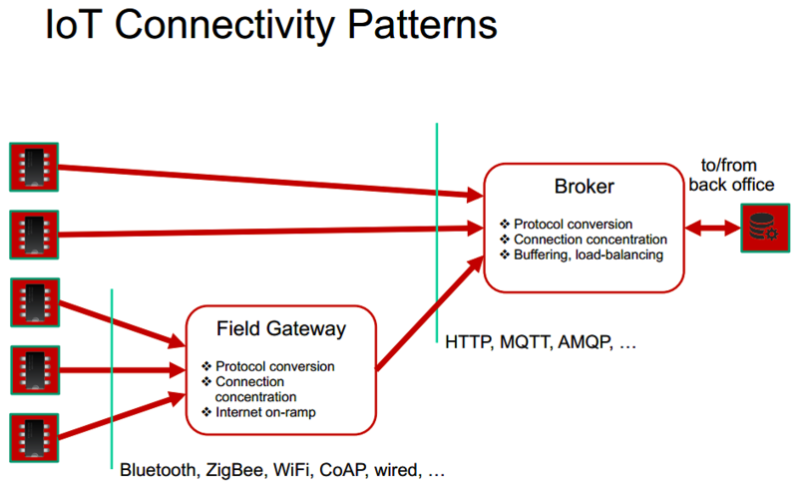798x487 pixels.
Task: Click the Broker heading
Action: point(585,187)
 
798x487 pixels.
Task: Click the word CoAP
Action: point(339,469)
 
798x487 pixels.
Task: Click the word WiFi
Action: point(292,469)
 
